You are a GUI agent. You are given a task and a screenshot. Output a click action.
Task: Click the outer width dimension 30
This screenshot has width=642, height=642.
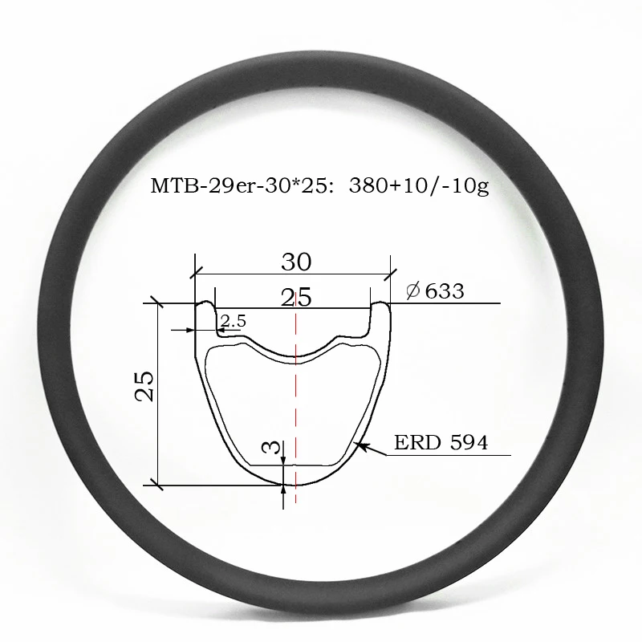(296, 262)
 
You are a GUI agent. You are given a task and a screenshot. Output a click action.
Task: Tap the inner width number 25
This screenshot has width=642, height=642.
(296, 298)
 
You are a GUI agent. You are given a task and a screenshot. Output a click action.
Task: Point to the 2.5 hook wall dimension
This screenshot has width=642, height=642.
(234, 322)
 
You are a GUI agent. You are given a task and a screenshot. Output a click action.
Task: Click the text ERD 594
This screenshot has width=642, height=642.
(441, 442)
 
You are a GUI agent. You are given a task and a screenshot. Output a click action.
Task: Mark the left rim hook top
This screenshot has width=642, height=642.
(205, 305)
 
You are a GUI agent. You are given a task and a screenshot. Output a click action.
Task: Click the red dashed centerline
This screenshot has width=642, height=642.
(296, 401)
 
